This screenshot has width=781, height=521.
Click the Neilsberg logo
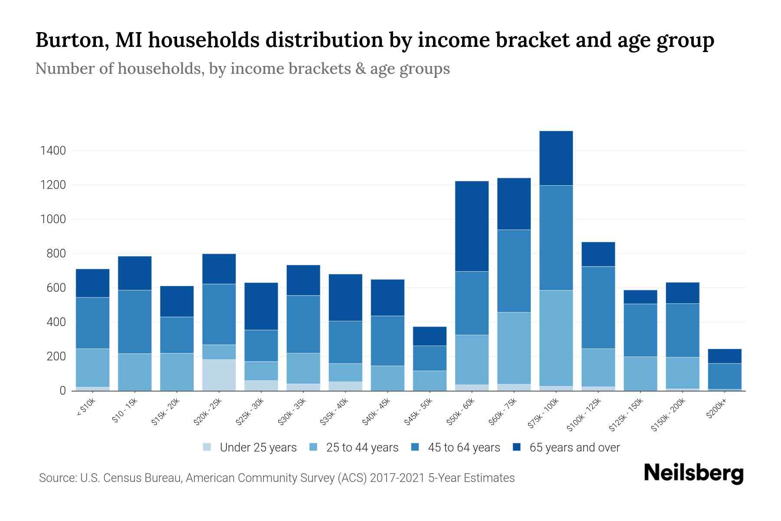[x=693, y=473]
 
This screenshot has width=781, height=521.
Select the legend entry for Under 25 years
[x=258, y=448]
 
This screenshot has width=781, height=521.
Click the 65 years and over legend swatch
[x=517, y=447]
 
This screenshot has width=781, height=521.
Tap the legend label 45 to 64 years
[x=463, y=448]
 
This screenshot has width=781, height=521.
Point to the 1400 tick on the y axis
[x=53, y=151]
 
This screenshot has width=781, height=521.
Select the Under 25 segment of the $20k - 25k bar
[x=219, y=375]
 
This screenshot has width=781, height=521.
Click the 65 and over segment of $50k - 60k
[x=472, y=226]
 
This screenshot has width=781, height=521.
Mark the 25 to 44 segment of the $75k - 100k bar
[x=556, y=338]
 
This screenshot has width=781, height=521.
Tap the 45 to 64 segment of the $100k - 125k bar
[x=598, y=307]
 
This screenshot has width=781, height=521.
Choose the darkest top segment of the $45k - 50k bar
[x=430, y=336]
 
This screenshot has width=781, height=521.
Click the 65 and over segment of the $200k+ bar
[x=725, y=356]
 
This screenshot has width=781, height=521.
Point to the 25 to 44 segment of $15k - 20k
[x=177, y=372]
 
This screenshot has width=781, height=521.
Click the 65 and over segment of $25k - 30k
[x=261, y=306]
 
